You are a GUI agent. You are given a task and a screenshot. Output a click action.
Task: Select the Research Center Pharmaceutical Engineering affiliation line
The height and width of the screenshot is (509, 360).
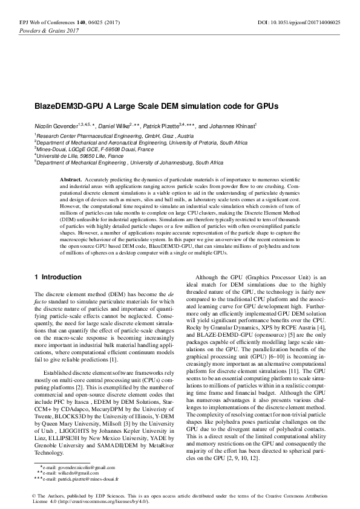(x=109, y=137)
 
